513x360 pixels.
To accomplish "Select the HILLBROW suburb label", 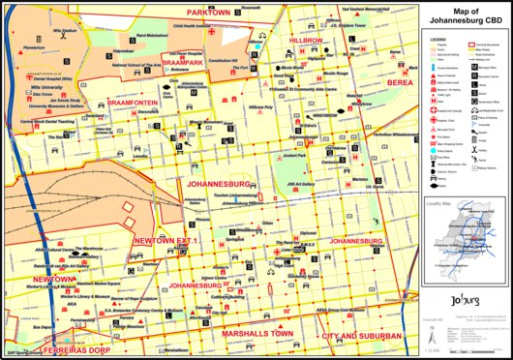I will pos(306,41).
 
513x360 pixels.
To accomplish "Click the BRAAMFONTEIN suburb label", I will pos(133,100).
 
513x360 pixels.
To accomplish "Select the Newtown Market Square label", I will pos(100,283).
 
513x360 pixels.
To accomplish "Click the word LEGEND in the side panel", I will pos(436,35).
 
